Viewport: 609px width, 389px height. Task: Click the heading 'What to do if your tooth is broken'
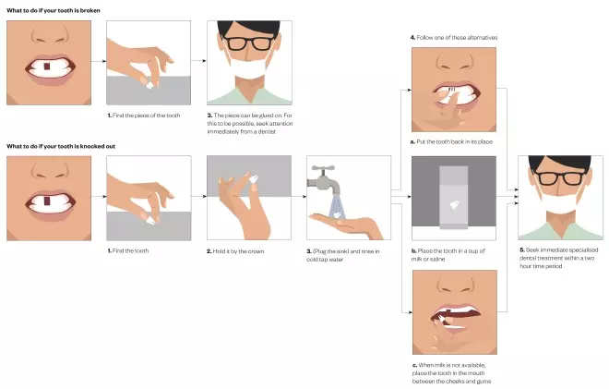[54, 10]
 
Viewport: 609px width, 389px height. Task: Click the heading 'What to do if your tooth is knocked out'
[61, 146]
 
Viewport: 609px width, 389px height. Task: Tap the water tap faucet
[323, 180]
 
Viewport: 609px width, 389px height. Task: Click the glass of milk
[454, 198]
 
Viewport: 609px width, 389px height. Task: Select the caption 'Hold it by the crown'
[235, 251]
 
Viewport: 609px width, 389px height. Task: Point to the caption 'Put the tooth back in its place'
[451, 142]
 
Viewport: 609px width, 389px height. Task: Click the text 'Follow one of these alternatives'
[454, 37]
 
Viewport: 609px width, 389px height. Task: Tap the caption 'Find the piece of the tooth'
[144, 115]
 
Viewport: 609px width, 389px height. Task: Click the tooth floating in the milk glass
[454, 204]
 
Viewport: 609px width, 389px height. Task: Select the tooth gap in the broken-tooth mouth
[47, 67]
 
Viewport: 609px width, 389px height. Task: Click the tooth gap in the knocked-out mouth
[47, 201]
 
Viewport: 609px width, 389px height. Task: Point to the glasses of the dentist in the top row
[250, 43]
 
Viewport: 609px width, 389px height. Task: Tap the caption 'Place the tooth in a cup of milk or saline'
[448, 255]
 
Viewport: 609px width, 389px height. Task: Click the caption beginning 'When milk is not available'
[451, 373]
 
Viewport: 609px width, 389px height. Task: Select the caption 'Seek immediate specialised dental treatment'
[559, 258]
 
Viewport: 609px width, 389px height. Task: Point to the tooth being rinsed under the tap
[338, 214]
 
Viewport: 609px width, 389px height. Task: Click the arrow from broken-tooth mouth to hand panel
[99, 61]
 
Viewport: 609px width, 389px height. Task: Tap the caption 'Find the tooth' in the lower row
[128, 251]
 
